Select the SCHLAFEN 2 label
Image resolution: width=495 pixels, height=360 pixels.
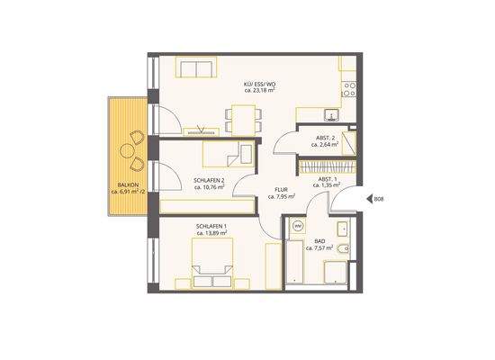coord(209,180)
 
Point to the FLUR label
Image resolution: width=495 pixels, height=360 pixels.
coord(281,189)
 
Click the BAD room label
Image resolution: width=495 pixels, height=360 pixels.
coord(319,240)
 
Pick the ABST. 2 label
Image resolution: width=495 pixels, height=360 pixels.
coord(325,137)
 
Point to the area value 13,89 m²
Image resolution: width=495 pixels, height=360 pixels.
coord(212,232)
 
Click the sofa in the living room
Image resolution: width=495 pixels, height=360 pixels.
coord(196,67)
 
